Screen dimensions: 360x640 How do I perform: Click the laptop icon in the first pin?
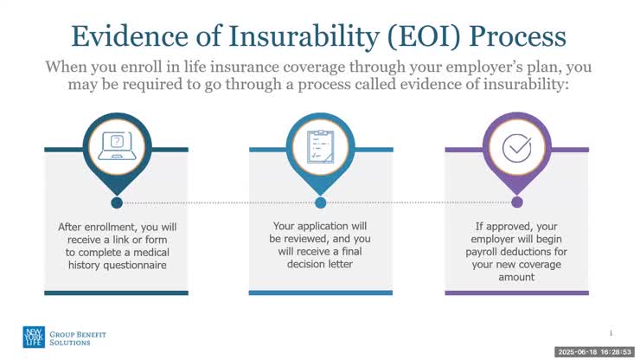click(x=116, y=146)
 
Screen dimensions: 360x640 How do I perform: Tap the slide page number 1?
click(x=611, y=332)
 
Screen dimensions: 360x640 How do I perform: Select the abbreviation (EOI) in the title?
click(x=443, y=36)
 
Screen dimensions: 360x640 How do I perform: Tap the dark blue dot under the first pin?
click(x=116, y=202)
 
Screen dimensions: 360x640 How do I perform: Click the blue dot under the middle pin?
click(x=320, y=202)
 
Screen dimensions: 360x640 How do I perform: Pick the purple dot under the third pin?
click(x=517, y=202)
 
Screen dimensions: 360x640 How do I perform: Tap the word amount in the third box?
click(x=517, y=278)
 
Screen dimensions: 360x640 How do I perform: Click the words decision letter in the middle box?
click(x=320, y=264)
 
